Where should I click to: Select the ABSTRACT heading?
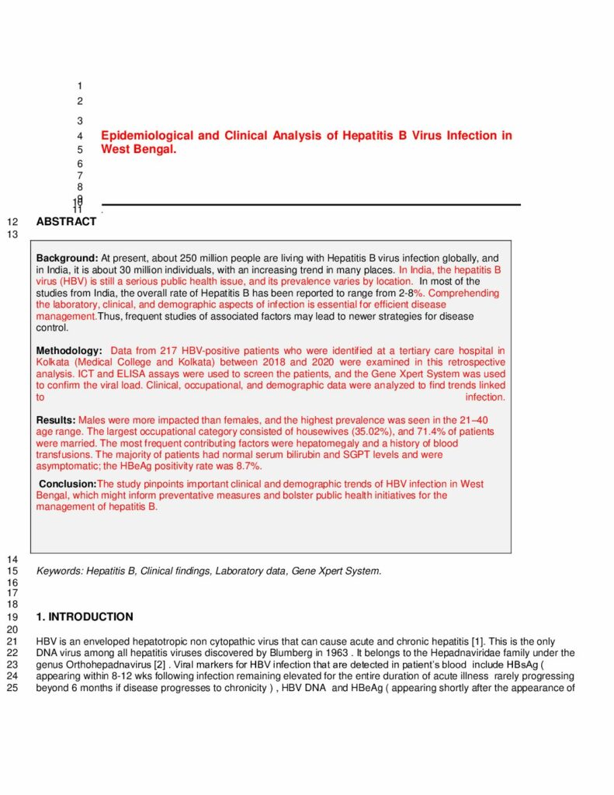click(x=66, y=222)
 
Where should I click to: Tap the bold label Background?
click(x=67, y=258)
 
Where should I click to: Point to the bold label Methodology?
click(x=69, y=351)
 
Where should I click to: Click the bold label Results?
click(x=56, y=420)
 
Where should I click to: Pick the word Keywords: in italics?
click(x=60, y=571)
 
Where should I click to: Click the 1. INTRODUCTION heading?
click(x=85, y=617)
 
